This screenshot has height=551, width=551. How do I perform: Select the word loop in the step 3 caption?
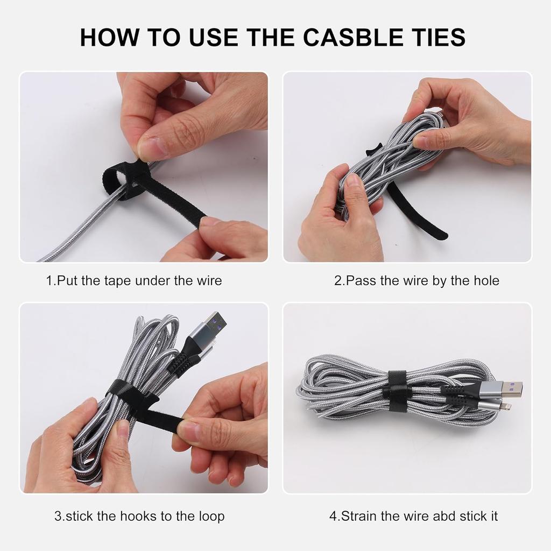click(211, 516)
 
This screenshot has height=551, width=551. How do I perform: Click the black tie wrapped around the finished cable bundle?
click(397, 391)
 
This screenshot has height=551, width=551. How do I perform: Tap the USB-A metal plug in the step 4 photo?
click(508, 388)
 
